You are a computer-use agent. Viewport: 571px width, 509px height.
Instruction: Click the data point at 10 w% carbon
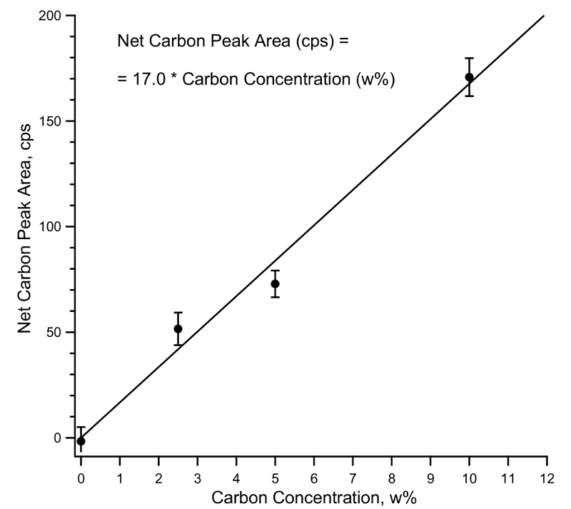pyautogui.click(x=469, y=77)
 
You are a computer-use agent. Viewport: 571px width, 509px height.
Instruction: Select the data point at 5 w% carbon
pyautogui.click(x=275, y=284)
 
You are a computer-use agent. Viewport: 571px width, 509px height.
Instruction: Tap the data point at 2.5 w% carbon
pyautogui.click(x=178, y=329)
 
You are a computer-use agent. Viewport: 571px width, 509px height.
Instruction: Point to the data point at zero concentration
pyautogui.click(x=81, y=441)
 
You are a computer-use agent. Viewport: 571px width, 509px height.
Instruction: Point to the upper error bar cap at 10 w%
pyautogui.click(x=469, y=58)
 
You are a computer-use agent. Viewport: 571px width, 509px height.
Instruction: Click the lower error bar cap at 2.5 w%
pyautogui.click(x=178, y=346)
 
